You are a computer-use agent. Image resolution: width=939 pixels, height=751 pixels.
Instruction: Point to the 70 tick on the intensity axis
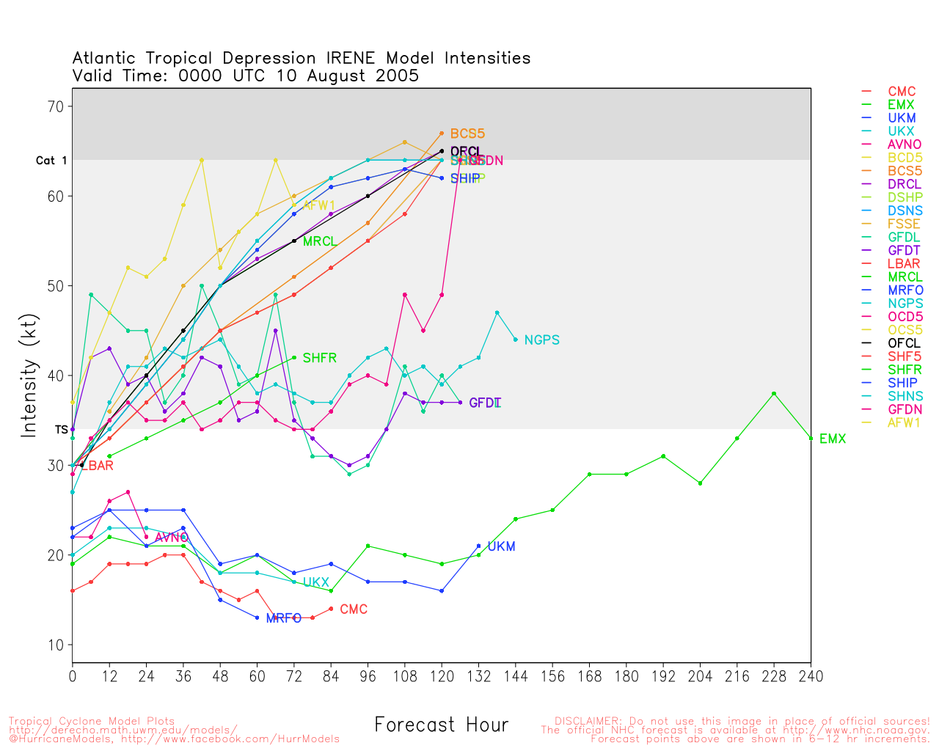point(56,106)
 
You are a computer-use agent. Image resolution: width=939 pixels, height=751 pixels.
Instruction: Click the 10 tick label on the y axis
point(56,645)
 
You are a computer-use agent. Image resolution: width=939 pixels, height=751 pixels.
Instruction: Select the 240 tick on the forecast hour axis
point(811,676)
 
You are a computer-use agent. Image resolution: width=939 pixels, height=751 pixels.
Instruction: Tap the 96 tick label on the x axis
point(368,676)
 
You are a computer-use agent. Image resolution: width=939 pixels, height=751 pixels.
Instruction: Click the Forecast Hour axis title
point(441,725)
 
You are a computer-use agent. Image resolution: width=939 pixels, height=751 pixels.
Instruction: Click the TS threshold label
point(61,429)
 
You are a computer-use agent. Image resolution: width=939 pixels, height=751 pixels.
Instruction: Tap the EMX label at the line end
point(833,439)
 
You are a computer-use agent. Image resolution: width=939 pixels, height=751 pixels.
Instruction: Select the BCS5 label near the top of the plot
point(467,133)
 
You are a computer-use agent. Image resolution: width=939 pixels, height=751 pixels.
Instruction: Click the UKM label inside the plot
point(501,546)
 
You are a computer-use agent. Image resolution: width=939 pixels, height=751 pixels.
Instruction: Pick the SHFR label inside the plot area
point(320,358)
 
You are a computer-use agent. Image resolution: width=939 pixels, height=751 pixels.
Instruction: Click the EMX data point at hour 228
point(774,394)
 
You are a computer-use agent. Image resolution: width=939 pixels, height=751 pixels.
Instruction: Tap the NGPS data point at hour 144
point(516,340)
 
